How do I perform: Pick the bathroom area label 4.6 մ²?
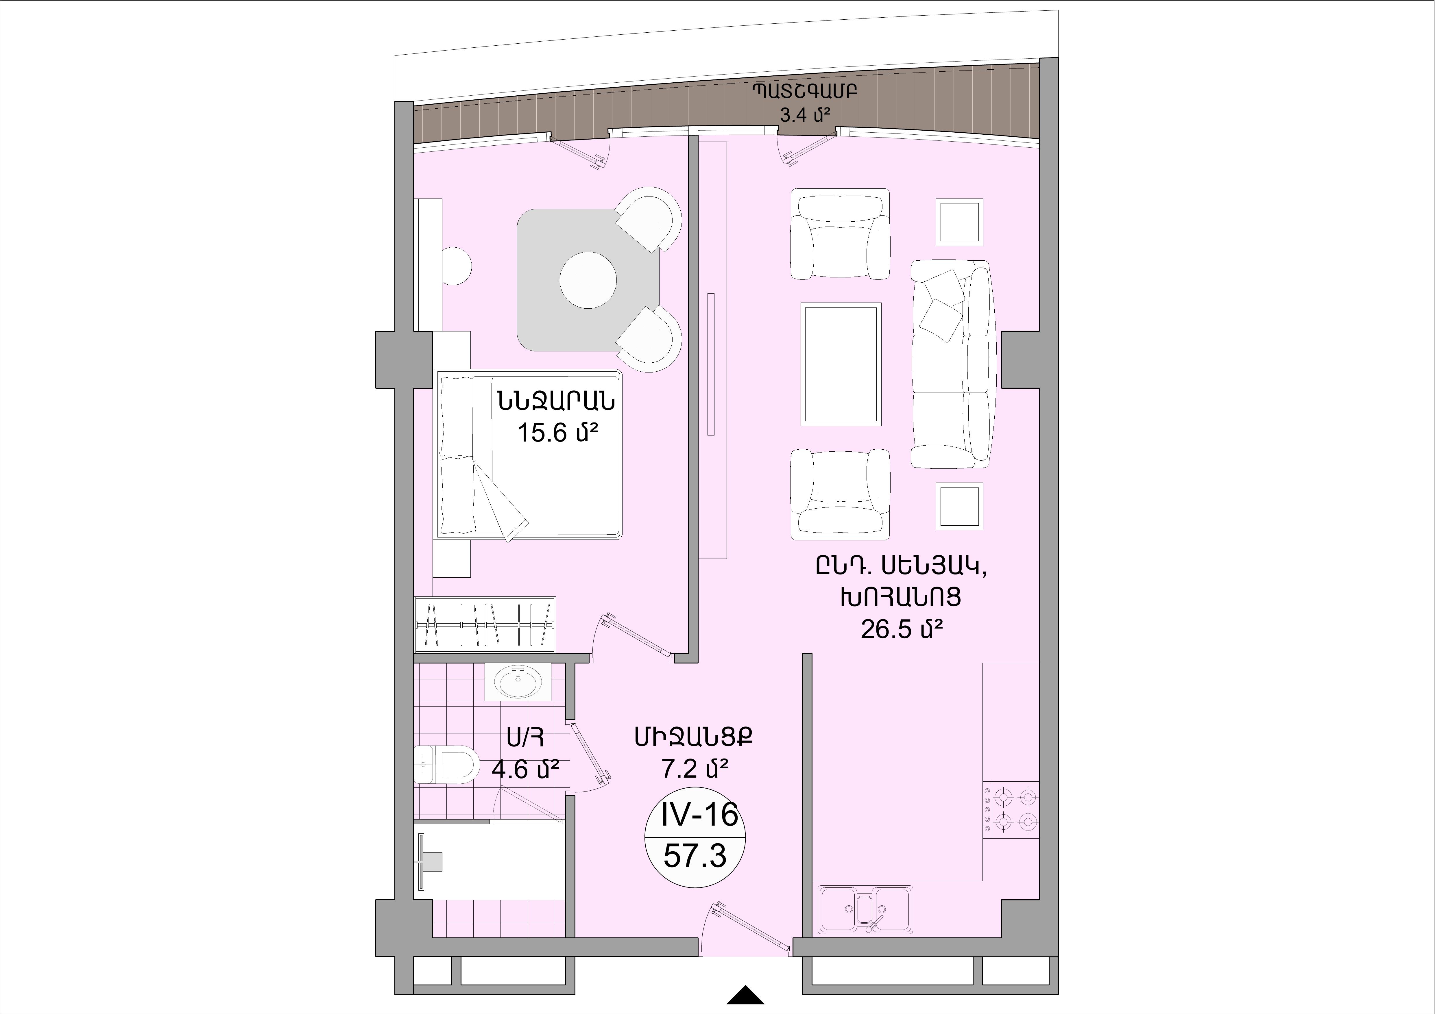click(525, 768)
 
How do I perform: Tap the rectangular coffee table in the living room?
click(841, 364)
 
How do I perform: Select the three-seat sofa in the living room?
click(951, 364)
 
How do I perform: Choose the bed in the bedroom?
click(529, 454)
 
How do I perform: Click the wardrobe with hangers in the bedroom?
click(485, 624)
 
